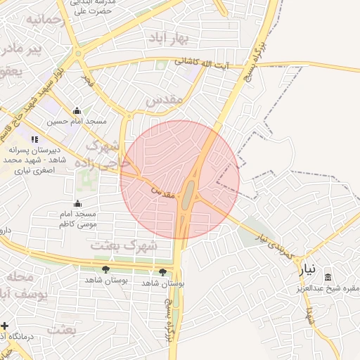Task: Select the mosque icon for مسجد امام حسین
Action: click(x=77, y=110)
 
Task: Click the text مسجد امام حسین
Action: click(x=77, y=122)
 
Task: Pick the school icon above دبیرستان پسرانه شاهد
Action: click(x=34, y=139)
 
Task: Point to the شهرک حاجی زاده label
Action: click(x=108, y=155)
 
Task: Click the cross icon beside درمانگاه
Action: click(x=5, y=326)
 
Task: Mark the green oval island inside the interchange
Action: click(x=188, y=195)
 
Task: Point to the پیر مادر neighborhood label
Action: click(x=20, y=49)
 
